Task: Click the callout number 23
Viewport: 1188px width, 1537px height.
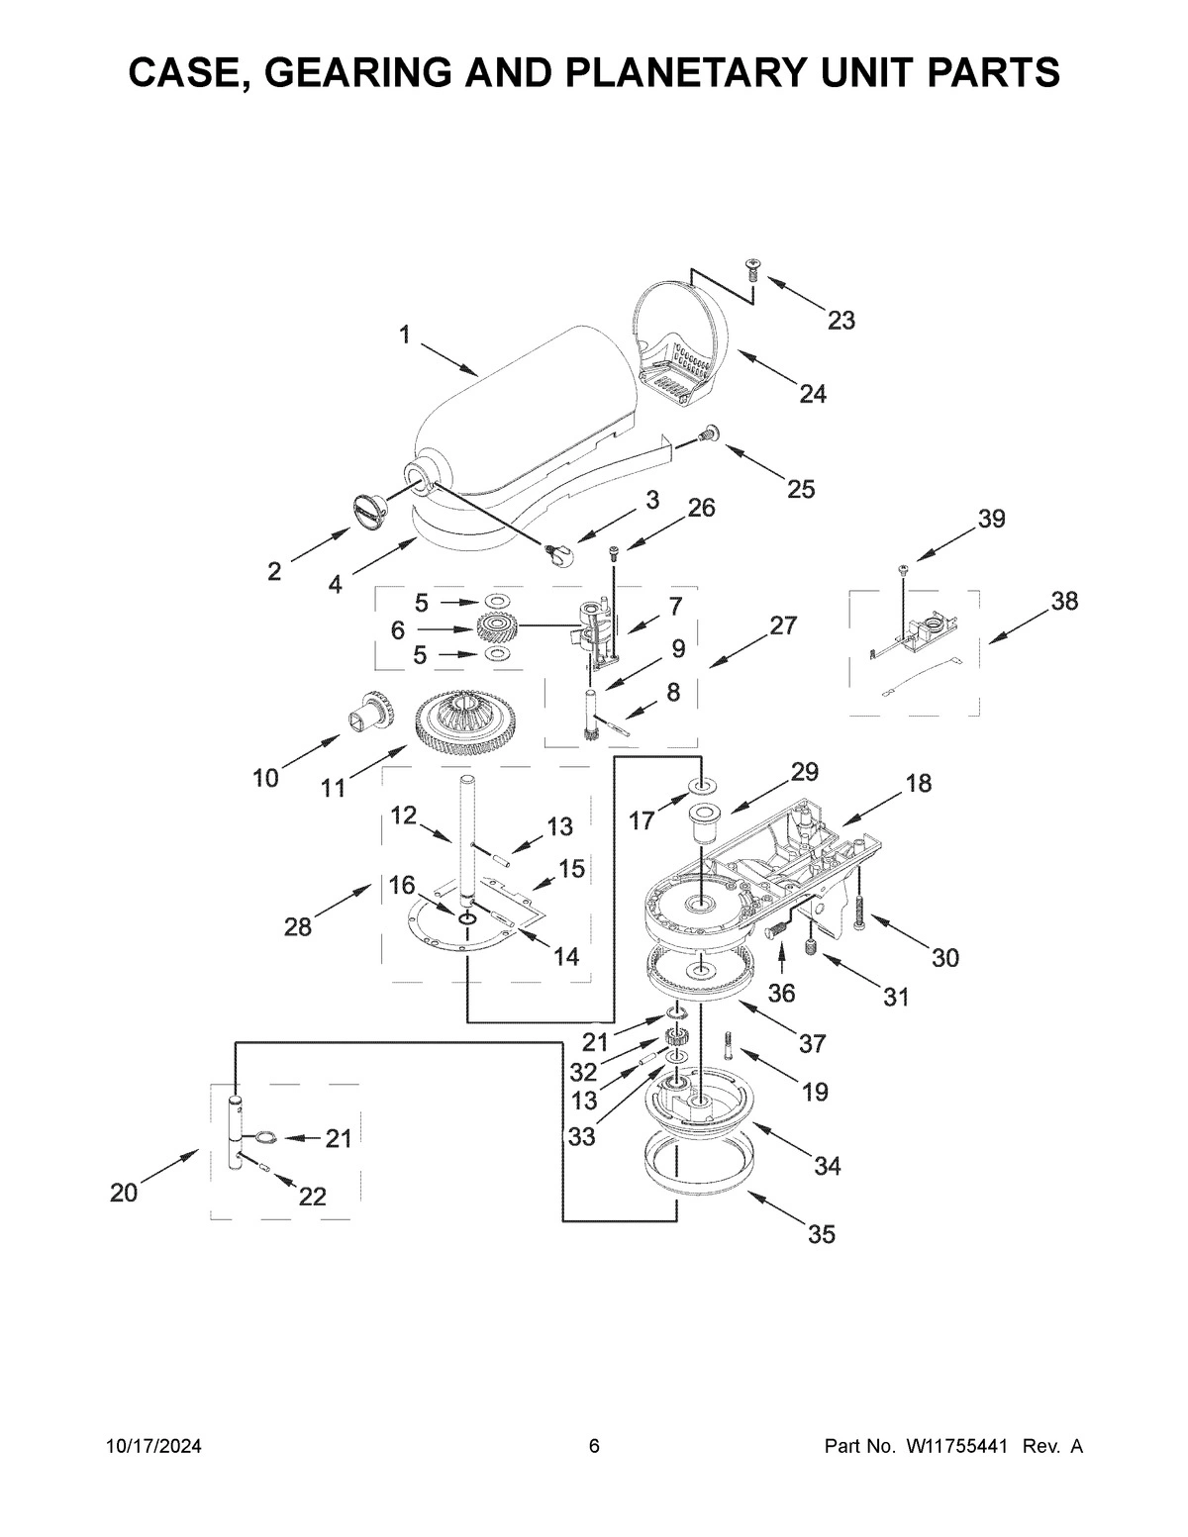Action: click(x=841, y=321)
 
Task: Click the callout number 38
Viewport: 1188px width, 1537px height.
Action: click(x=1064, y=601)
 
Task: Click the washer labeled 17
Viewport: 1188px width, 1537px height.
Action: click(x=702, y=786)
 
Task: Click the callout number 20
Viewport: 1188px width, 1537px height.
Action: click(x=124, y=1194)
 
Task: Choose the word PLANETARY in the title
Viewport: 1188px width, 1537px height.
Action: click(x=727, y=72)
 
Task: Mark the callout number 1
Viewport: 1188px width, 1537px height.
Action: click(x=404, y=335)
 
